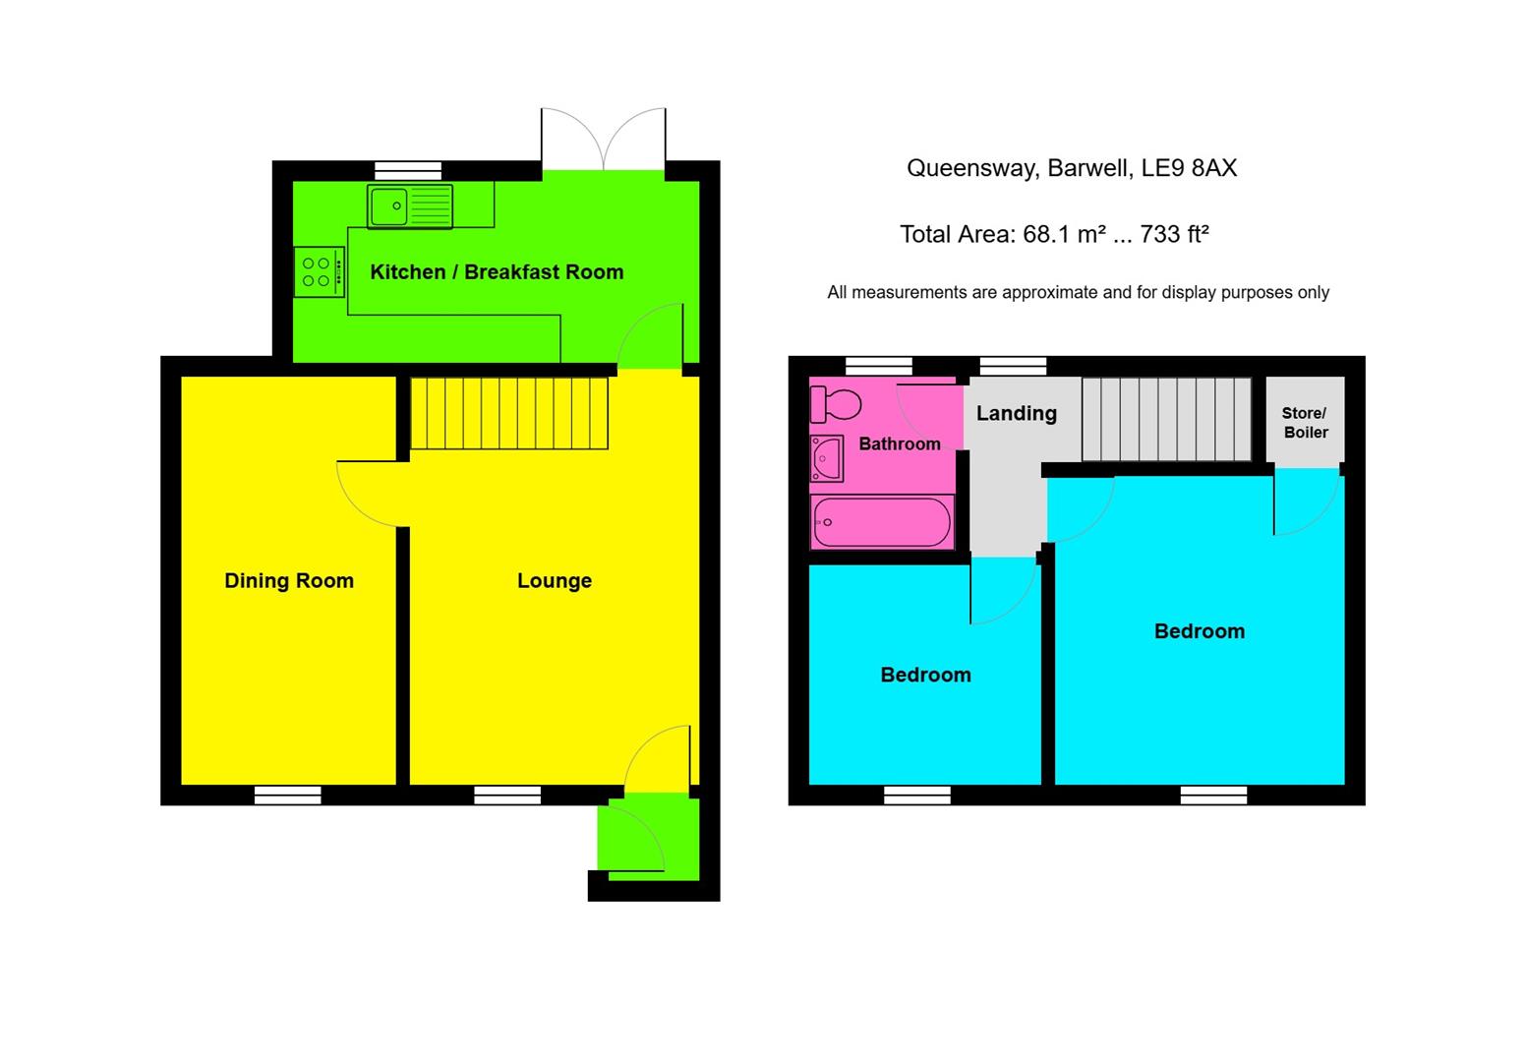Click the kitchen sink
coord(410,206)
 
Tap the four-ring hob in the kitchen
coord(319,272)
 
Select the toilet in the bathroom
coord(835,403)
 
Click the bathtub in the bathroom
coord(882,521)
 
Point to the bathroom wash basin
coord(827,458)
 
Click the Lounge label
coord(555,581)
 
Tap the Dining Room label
coord(289,581)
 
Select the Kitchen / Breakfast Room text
coord(497,272)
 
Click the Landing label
coord(1016,414)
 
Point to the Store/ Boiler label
coord(1305,423)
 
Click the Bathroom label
coord(899,444)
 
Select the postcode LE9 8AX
coord(1188,168)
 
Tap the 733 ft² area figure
coord(1174,235)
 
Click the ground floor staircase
coord(508,413)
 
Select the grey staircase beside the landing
coord(1166,419)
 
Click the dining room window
coord(287,795)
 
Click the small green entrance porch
coord(649,838)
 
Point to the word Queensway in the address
coord(968,168)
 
